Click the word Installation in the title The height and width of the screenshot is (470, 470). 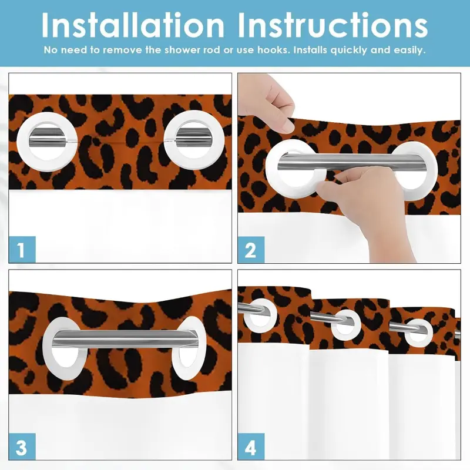(133, 25)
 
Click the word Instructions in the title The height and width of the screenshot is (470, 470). (333, 25)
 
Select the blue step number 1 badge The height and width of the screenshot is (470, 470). (22, 249)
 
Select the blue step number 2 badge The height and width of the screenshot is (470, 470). (251, 250)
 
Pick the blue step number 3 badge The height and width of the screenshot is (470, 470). (22, 446)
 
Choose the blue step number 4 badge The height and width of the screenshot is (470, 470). (251, 446)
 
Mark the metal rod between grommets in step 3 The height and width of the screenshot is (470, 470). (123, 338)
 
